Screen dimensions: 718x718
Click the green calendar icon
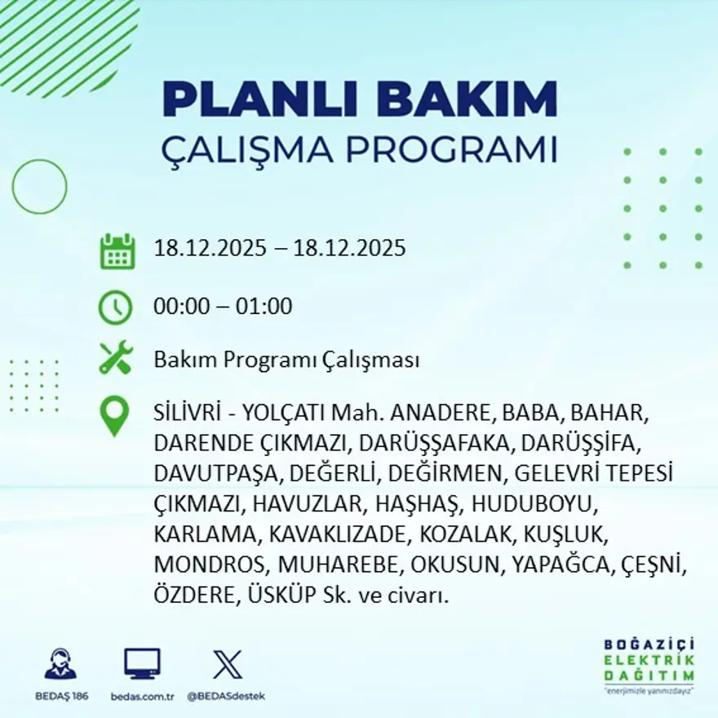click(x=117, y=251)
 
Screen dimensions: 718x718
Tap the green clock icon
click(x=115, y=308)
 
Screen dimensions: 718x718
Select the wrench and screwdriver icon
click(x=116, y=359)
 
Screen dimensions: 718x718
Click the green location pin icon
click(x=114, y=415)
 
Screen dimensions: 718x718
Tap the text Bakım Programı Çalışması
click(x=286, y=360)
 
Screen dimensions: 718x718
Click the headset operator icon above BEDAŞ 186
click(x=60, y=664)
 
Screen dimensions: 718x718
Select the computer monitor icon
click(x=142, y=663)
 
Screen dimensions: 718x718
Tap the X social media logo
click(x=226, y=663)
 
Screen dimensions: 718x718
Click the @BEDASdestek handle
click(x=226, y=696)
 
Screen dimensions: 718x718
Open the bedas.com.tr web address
click(x=142, y=696)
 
